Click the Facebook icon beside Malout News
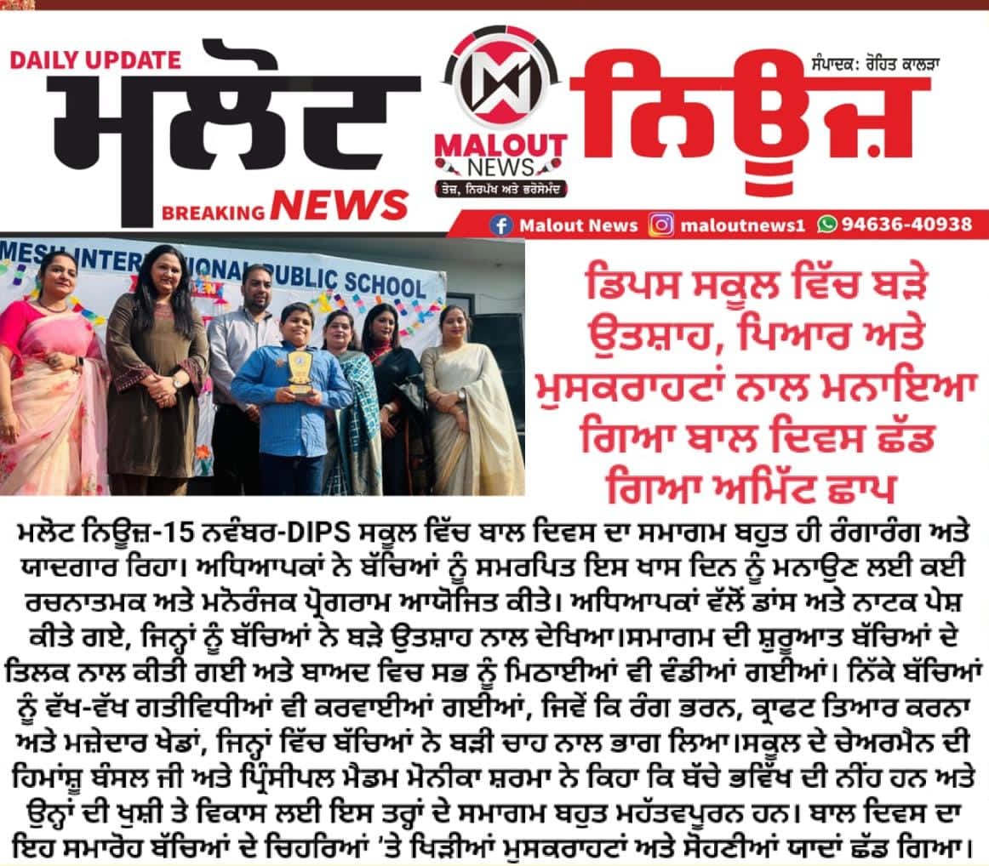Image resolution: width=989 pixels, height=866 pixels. [501, 225]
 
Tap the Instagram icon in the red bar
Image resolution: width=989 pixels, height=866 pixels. [662, 225]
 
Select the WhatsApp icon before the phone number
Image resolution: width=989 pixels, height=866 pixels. [826, 225]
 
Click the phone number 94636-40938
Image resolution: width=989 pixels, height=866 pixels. [907, 225]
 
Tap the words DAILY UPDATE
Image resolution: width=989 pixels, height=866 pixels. [94, 60]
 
